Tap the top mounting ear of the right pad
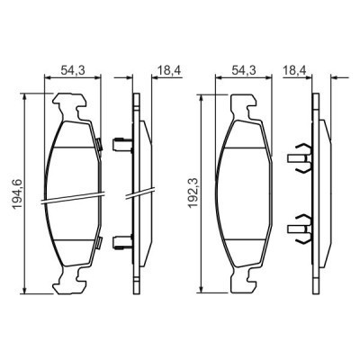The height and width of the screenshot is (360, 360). tap(242, 105)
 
